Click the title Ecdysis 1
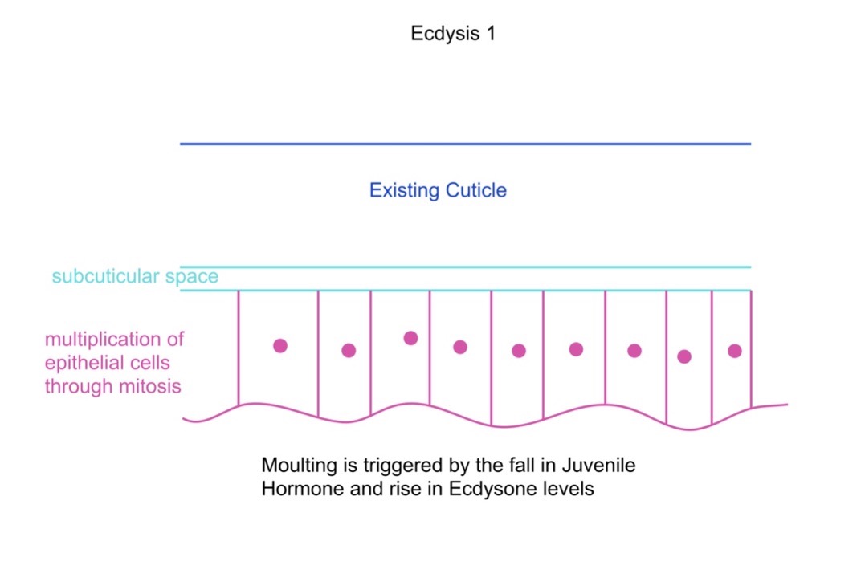(453, 34)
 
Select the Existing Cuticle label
(438, 190)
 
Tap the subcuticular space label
(135, 276)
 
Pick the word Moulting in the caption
(300, 466)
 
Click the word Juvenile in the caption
(598, 465)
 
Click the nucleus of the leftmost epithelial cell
(280, 346)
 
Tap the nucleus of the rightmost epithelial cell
(735, 351)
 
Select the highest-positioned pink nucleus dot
(410, 338)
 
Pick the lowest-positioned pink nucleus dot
(684, 356)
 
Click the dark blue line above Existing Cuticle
(466, 144)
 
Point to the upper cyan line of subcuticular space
(466, 267)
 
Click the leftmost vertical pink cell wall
(239, 348)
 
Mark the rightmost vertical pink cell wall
(752, 349)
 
